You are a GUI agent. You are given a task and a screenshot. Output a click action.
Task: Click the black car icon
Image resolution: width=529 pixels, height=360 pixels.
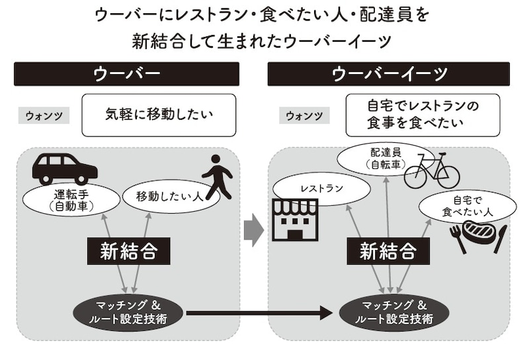tap(64, 169)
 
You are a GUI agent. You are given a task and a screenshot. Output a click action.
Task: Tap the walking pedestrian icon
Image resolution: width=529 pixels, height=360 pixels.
tap(218, 177)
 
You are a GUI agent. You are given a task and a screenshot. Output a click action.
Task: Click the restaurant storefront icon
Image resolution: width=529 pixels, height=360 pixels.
tap(295, 219)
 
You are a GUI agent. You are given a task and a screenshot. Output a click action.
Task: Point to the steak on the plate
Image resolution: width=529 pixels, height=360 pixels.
tap(479, 232)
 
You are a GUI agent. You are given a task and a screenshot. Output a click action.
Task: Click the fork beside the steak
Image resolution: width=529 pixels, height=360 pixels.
tap(458, 240)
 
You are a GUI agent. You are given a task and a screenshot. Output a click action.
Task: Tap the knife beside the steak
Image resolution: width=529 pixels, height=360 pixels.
tap(501, 239)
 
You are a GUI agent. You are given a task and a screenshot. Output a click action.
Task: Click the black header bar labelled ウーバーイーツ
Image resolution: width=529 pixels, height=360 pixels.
tap(388, 73)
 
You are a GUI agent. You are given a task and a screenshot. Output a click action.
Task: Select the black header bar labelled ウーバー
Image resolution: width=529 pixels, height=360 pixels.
tap(126, 73)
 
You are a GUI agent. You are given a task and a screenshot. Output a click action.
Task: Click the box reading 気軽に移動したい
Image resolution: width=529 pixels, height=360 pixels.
tap(159, 114)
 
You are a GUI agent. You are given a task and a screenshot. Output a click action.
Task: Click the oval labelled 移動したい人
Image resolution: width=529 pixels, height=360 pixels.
tap(163, 197)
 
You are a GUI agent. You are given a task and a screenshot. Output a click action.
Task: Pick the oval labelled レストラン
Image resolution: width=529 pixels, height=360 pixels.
tap(321, 189)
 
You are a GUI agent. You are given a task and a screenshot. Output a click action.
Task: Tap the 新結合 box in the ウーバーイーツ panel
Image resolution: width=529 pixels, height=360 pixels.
tap(388, 251)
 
